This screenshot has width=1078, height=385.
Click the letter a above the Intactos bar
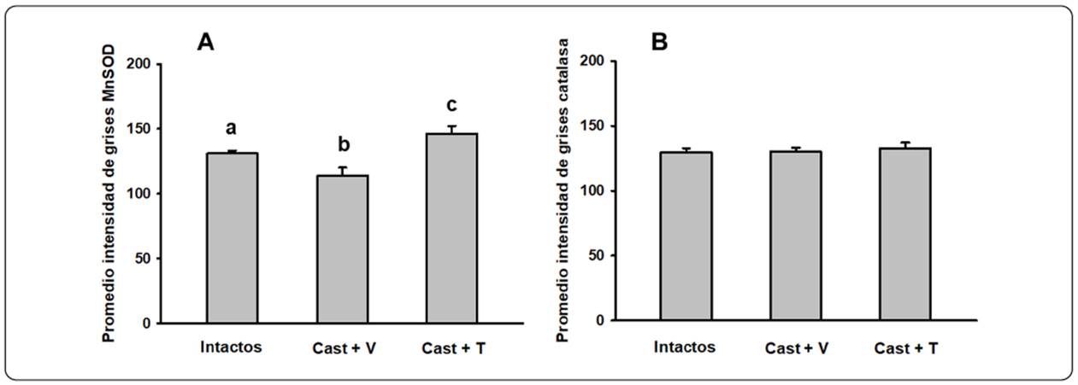click(x=231, y=129)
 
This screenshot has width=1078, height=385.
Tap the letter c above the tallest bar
click(x=451, y=105)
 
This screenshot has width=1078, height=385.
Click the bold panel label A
click(x=205, y=42)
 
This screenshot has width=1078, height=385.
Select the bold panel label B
click(x=659, y=42)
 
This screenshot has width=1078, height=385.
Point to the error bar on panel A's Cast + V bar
click(x=341, y=171)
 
